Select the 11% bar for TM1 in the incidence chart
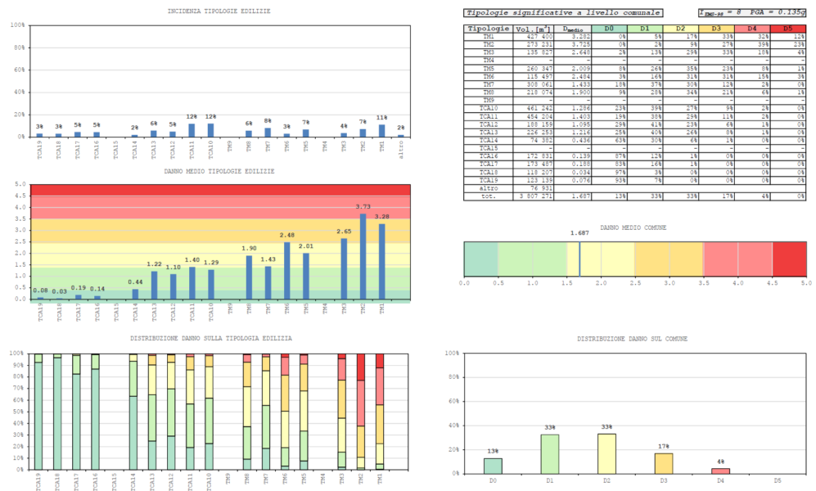(381, 130)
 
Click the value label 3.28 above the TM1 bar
(381, 217)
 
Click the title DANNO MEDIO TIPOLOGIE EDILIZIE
(219, 171)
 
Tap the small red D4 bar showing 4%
(720, 471)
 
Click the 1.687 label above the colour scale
(579, 233)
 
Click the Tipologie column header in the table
(489, 29)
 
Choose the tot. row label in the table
(489, 196)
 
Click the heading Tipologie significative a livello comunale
(562, 13)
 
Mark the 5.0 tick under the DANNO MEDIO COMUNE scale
(805, 283)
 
